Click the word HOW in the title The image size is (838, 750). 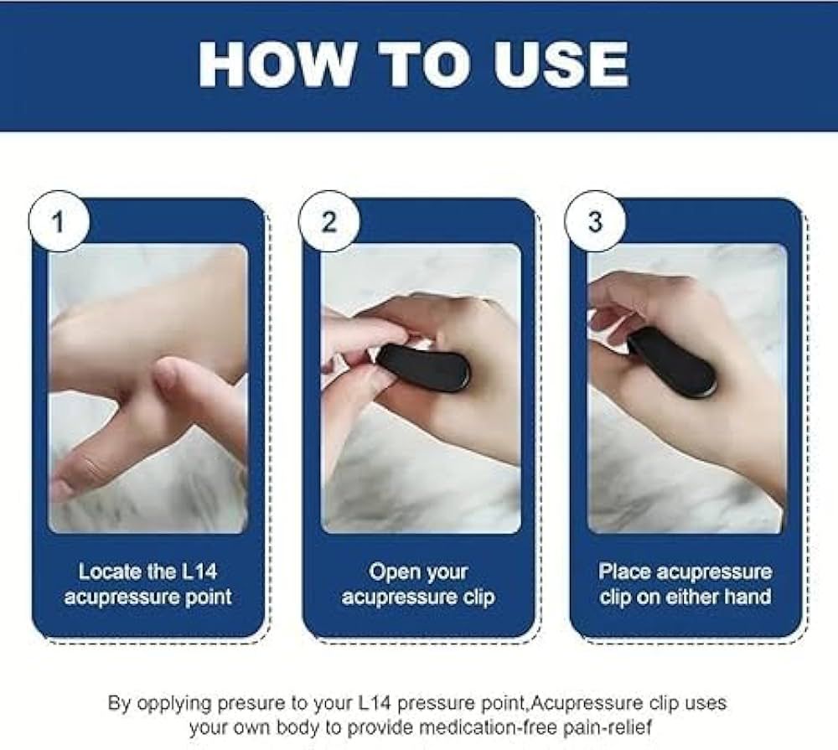click(277, 65)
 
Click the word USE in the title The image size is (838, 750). click(560, 65)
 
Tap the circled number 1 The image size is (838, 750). click(59, 221)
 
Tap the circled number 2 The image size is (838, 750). click(328, 221)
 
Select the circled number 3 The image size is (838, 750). click(595, 221)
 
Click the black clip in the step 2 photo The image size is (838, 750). click(424, 365)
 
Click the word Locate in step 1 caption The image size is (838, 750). click(110, 572)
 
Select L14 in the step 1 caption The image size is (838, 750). click(199, 572)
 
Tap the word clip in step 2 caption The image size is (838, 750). click(479, 597)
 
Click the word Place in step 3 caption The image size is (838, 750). click(625, 572)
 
